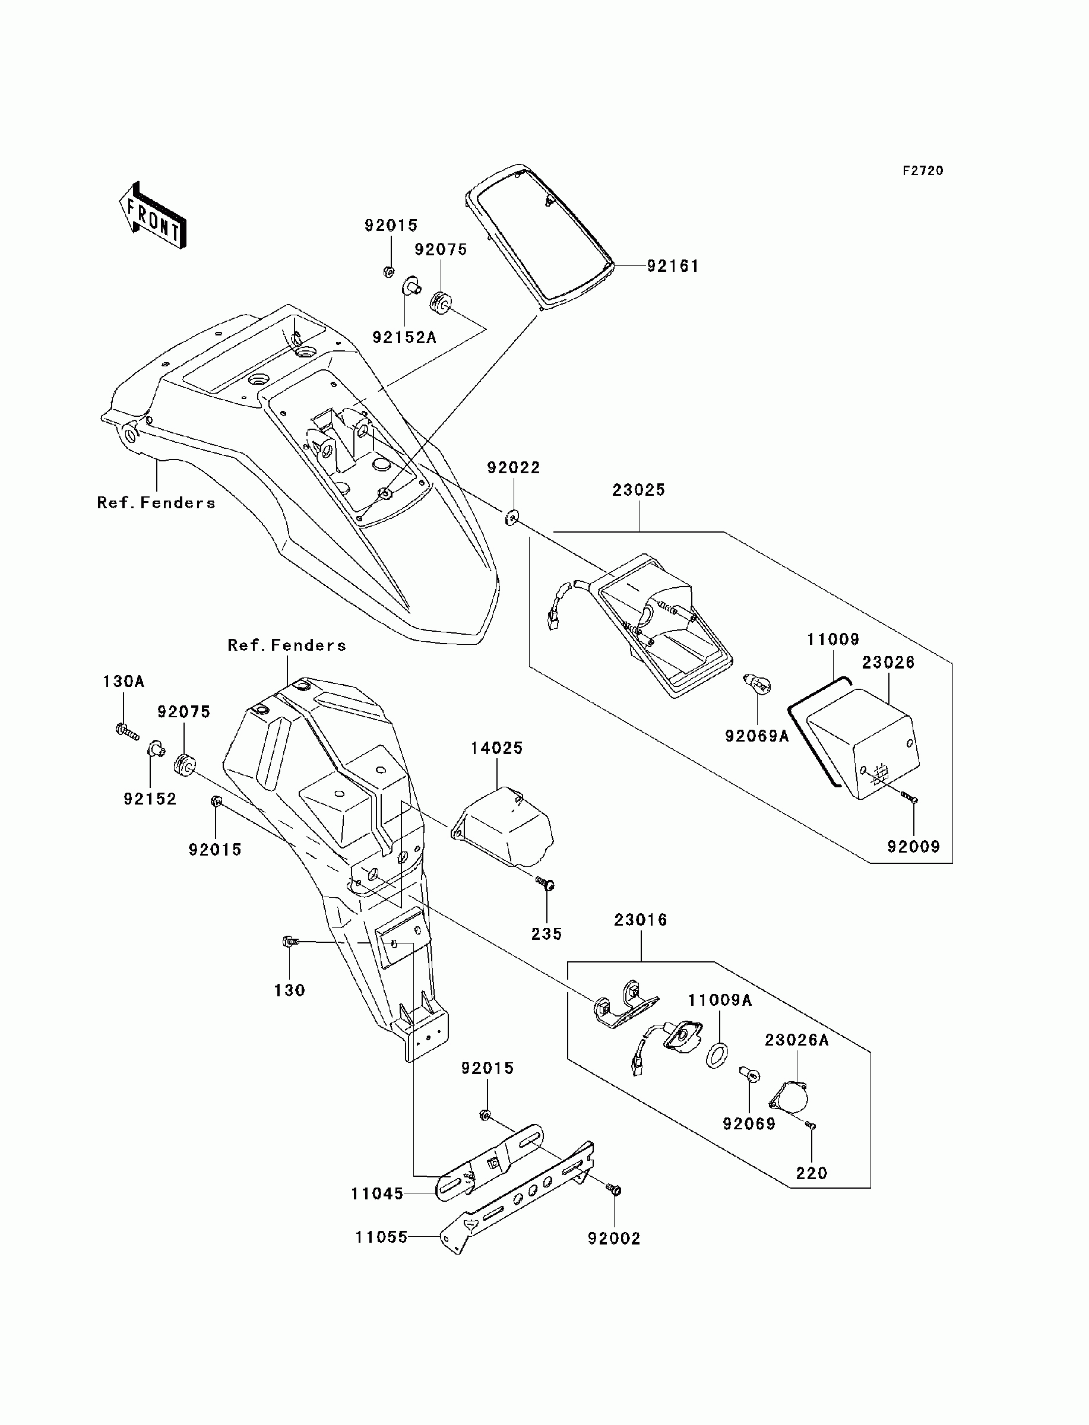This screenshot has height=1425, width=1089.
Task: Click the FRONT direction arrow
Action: click(153, 215)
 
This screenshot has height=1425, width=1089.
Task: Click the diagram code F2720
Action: click(923, 170)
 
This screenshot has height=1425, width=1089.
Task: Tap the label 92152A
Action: click(404, 337)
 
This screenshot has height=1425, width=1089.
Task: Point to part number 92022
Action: click(514, 467)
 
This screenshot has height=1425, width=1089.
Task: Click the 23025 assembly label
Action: click(638, 490)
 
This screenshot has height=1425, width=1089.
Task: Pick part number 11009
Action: click(832, 639)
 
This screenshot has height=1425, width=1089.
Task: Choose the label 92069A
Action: click(757, 736)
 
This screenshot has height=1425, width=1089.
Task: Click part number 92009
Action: click(913, 846)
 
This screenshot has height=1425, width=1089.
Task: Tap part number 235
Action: click(546, 934)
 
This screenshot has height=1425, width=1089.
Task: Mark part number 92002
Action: click(614, 1239)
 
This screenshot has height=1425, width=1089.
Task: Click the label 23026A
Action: click(797, 1040)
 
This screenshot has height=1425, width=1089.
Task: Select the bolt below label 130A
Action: click(127, 731)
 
